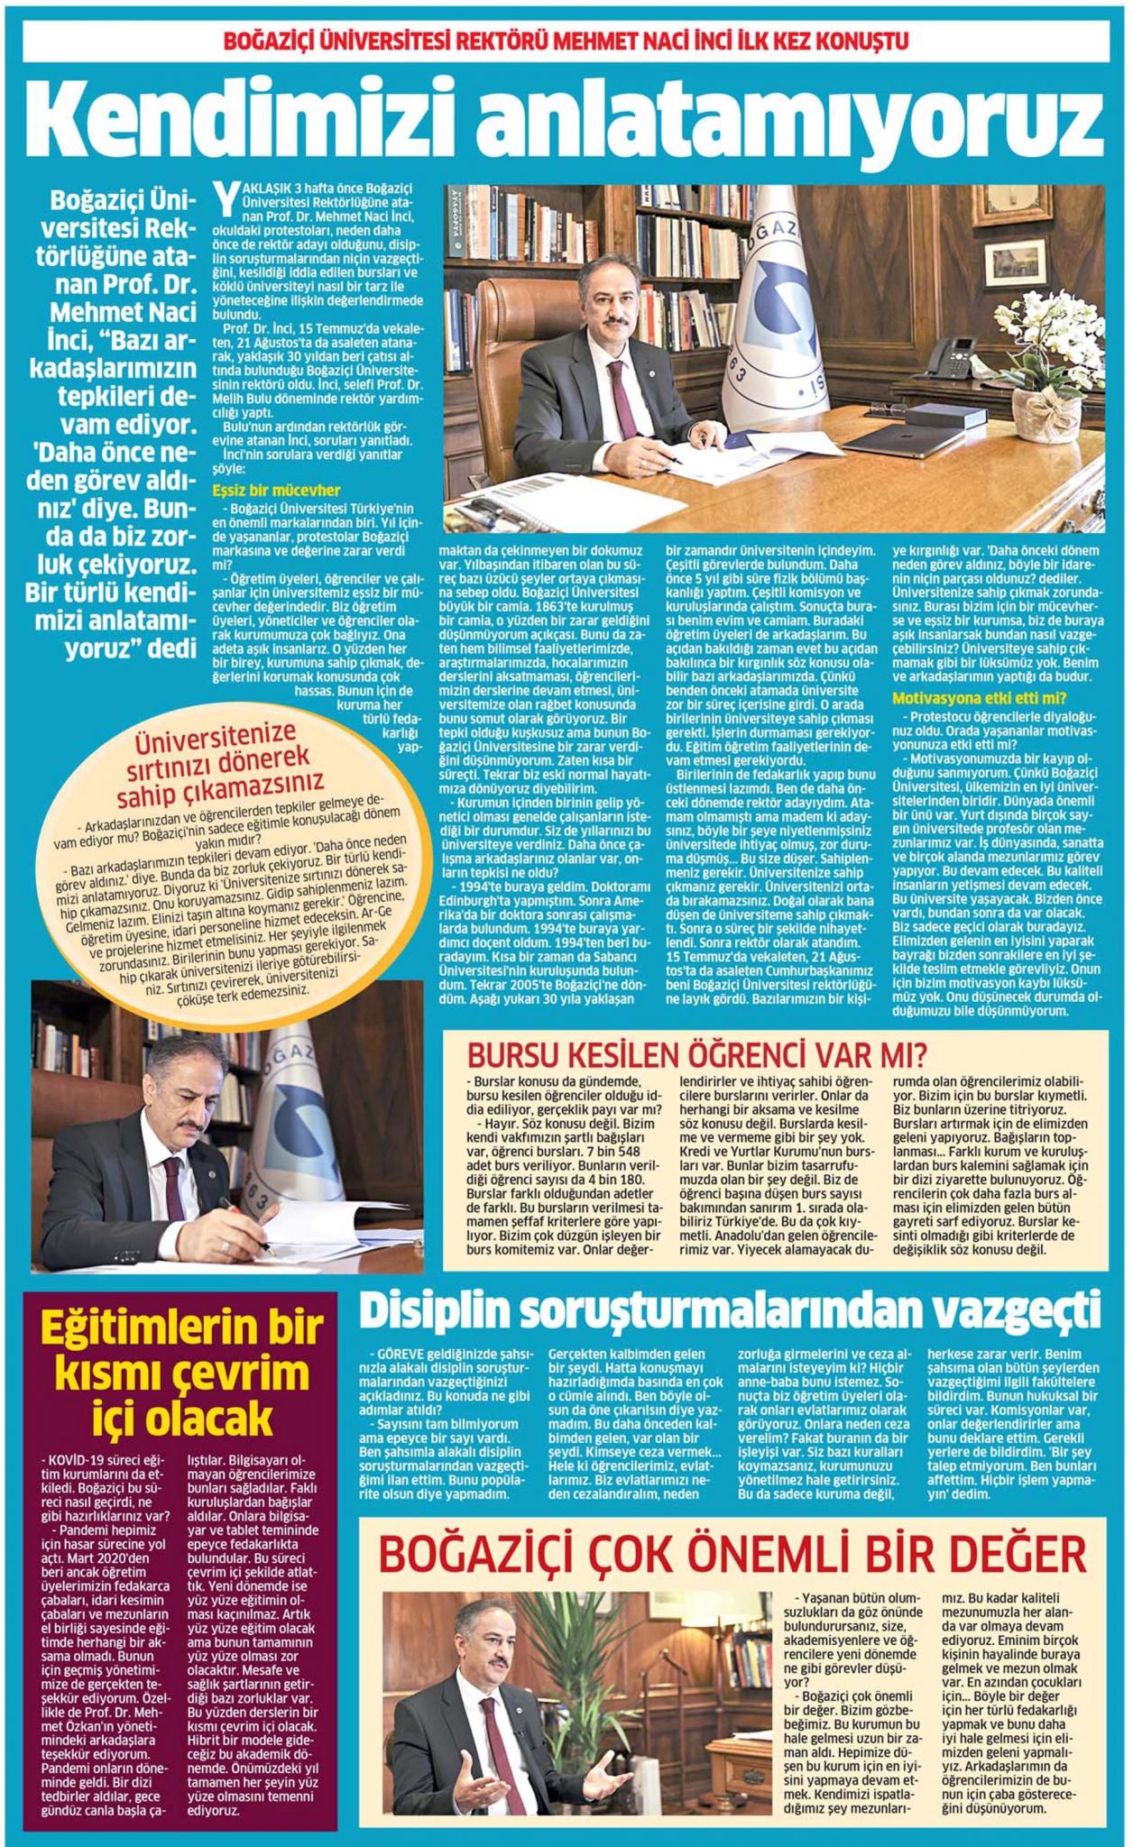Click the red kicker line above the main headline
566,41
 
